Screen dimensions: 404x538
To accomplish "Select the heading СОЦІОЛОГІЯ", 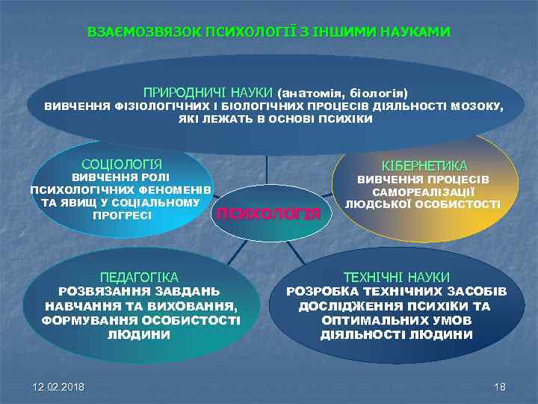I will [122, 164].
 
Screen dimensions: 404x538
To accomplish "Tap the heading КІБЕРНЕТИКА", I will [424, 165].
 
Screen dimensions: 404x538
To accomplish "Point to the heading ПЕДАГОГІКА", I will [139, 276].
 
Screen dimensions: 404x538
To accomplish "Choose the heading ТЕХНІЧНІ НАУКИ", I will [396, 276].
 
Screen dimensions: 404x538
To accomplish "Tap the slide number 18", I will [500, 386].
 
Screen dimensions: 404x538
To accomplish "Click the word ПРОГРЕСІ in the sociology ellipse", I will [122, 215].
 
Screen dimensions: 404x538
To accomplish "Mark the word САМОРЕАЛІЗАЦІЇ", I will [424, 192].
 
